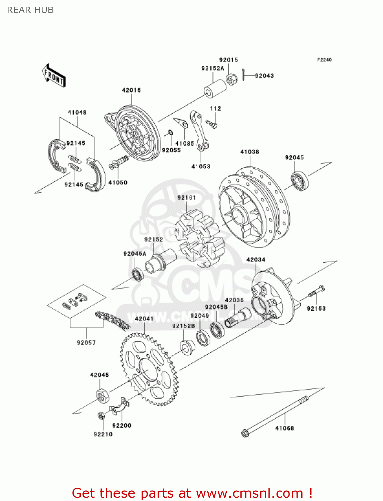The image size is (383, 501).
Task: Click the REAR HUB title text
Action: point(30,10)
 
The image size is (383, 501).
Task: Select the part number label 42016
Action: point(131,90)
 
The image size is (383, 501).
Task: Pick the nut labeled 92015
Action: point(230,79)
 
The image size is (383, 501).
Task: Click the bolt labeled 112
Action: point(211,124)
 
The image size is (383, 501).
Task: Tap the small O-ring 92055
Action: point(170,133)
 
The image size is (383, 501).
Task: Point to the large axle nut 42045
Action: point(103,396)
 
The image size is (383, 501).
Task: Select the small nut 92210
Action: point(101,416)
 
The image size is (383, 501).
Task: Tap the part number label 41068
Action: point(284,428)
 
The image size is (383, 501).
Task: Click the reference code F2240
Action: point(324,60)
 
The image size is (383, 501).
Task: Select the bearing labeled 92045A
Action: point(137,274)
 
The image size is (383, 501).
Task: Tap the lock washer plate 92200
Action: point(120,406)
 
